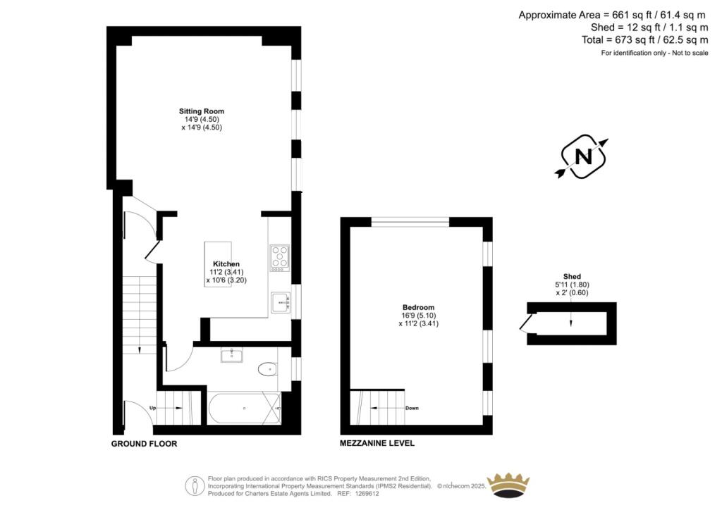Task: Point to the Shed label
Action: pyautogui.click(x=572, y=276)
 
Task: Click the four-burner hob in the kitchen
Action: pyautogui.click(x=279, y=257)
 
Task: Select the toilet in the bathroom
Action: pyautogui.click(x=268, y=368)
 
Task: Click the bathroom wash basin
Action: pyautogui.click(x=231, y=355)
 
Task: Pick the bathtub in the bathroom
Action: pyautogui.click(x=244, y=408)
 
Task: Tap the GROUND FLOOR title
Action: pyautogui.click(x=144, y=444)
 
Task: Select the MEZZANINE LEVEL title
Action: pyautogui.click(x=377, y=444)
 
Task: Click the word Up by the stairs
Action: pyautogui.click(x=152, y=408)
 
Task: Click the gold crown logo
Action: pyautogui.click(x=508, y=485)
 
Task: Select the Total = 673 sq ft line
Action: pyautogui.click(x=644, y=40)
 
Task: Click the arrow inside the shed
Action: pyautogui.click(x=571, y=321)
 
